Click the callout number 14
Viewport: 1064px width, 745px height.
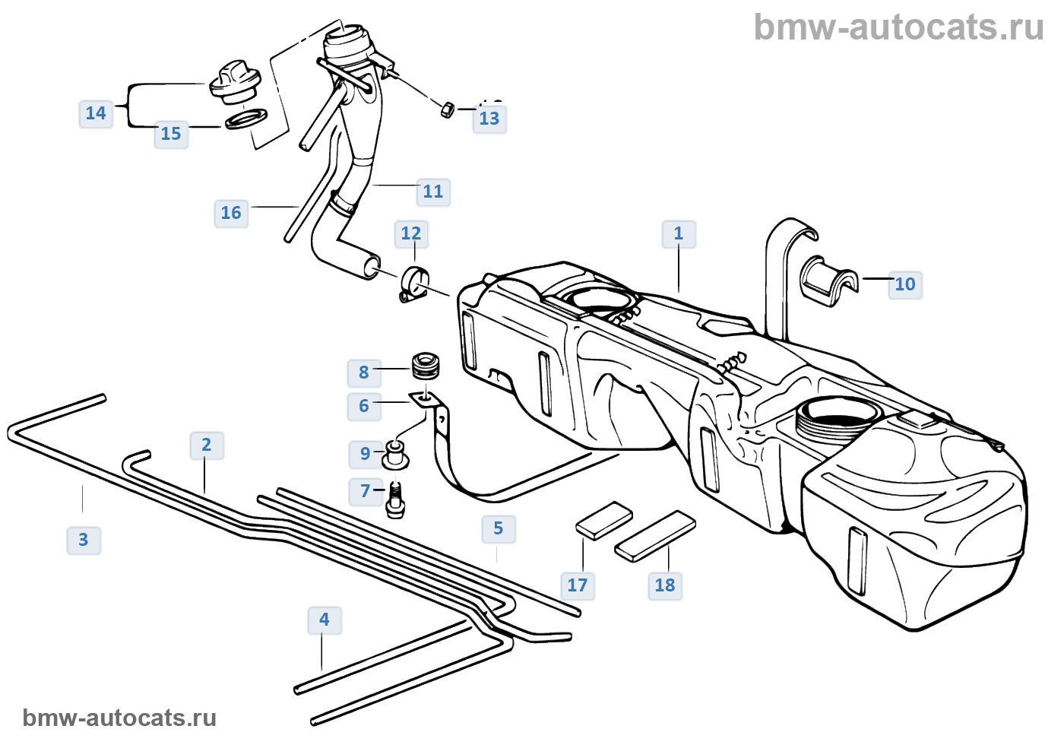(x=96, y=113)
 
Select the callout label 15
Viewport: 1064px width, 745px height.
(x=171, y=134)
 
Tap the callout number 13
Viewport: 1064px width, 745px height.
(x=489, y=119)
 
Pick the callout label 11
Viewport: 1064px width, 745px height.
(x=433, y=192)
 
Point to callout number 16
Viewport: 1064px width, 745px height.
(x=231, y=213)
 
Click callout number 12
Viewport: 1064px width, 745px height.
(x=411, y=233)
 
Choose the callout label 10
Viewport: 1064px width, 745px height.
(x=905, y=284)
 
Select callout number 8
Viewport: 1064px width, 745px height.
(x=364, y=372)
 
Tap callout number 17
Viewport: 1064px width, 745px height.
(x=578, y=585)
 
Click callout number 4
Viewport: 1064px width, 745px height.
(x=325, y=620)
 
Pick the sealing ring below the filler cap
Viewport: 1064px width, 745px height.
(x=246, y=119)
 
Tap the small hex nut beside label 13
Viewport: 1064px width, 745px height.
(x=448, y=109)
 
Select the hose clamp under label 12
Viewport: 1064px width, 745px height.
(x=415, y=284)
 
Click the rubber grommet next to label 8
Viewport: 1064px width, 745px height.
(x=426, y=365)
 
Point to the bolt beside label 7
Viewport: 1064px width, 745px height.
(x=395, y=500)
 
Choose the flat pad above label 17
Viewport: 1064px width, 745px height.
(x=604, y=520)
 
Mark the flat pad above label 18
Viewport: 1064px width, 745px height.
(x=655, y=535)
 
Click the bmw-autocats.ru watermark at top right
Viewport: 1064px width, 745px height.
(x=898, y=27)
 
